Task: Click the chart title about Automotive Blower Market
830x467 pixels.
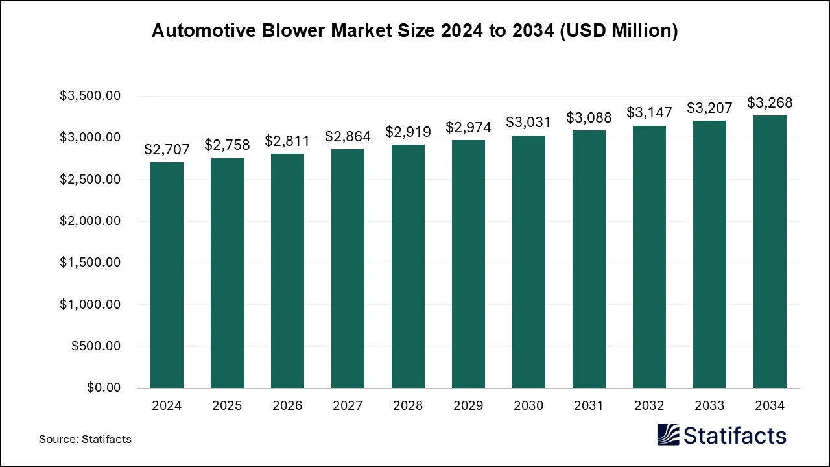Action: (x=414, y=31)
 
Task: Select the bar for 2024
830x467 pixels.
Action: (x=167, y=275)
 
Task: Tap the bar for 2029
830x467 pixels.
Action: (x=468, y=264)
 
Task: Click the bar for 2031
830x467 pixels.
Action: (x=589, y=259)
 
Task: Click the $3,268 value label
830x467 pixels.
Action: (x=770, y=103)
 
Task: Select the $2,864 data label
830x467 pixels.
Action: (x=348, y=136)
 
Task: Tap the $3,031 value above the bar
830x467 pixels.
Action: (x=528, y=122)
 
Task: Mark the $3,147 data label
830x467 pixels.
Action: (x=649, y=112)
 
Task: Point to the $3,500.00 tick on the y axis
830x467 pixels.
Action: (x=90, y=96)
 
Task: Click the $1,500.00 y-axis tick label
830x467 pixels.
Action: (x=90, y=263)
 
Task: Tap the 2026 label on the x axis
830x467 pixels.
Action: (x=287, y=406)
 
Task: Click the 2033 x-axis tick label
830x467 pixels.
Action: (x=709, y=406)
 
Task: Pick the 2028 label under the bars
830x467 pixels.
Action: (x=408, y=406)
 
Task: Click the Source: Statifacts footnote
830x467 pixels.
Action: (x=85, y=439)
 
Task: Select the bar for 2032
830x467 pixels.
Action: (x=649, y=257)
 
